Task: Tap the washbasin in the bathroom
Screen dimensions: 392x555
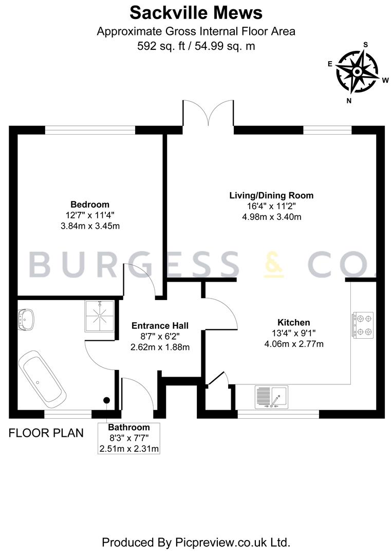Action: [27, 319]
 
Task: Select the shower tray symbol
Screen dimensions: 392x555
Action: [100, 316]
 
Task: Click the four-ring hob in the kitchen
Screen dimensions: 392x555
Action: [363, 325]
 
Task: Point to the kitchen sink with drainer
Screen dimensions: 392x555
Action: [271, 397]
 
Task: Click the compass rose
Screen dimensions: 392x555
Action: [358, 72]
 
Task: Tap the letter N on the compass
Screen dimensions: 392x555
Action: [349, 101]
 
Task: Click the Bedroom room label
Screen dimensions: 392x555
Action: [90, 204]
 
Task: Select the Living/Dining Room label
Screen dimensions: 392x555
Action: [271, 195]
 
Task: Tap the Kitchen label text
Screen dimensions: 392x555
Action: [294, 322]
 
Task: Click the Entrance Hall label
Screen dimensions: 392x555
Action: [160, 326]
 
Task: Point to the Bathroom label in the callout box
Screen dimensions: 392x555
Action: [129, 427]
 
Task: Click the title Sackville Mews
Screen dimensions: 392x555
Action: [196, 13]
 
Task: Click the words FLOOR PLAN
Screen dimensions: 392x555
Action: [46, 433]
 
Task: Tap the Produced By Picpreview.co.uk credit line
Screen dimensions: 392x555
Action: [196, 542]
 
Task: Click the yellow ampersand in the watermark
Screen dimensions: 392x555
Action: [274, 264]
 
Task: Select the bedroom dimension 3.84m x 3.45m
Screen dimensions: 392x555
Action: [90, 226]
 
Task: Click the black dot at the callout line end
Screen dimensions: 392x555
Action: [106, 400]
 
